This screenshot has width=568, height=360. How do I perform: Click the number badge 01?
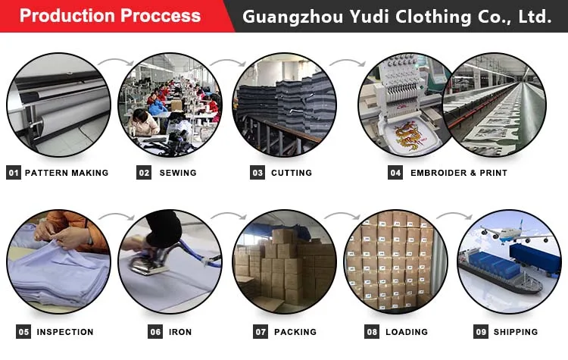14,173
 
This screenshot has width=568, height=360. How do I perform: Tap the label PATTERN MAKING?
67,173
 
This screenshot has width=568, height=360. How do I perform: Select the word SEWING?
178,173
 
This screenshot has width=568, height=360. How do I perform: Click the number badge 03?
257,173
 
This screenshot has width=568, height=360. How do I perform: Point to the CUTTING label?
292,173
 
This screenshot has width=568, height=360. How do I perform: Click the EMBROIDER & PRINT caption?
459,173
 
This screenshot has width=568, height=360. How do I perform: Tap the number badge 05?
24,332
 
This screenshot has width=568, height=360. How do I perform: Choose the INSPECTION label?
65,332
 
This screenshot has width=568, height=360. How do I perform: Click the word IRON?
181,332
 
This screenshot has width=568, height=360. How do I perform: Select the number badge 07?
261,332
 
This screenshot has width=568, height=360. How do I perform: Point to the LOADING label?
407,332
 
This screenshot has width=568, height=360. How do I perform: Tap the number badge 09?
481,332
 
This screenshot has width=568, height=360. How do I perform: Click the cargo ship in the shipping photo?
496,280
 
